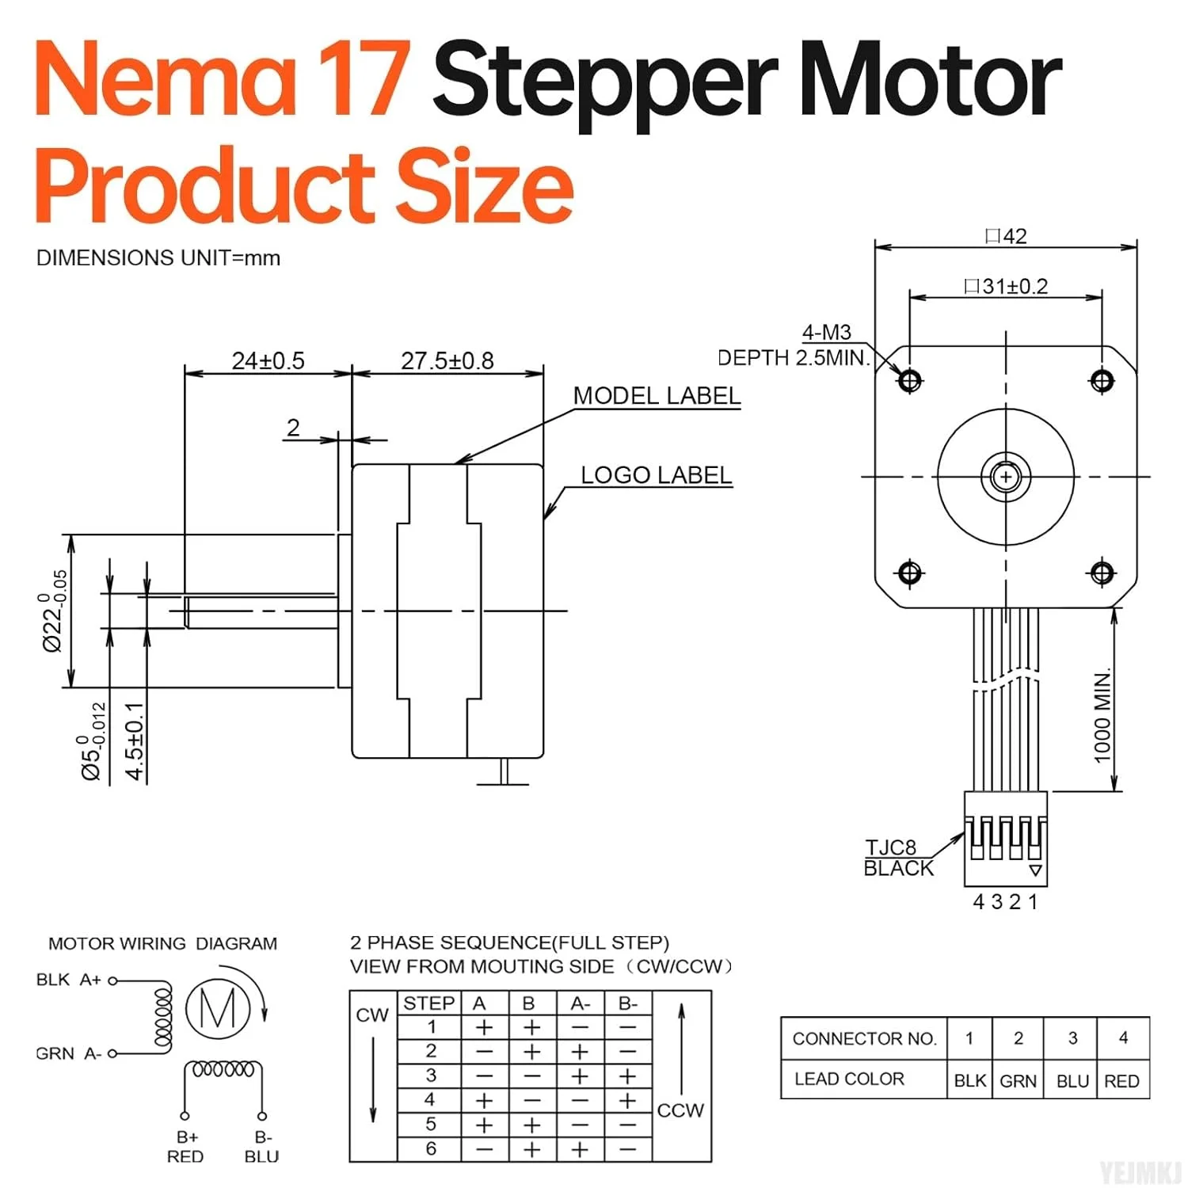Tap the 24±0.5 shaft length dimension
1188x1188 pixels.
click(268, 361)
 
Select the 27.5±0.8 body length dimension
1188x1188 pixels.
click(447, 361)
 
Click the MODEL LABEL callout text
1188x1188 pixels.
click(657, 396)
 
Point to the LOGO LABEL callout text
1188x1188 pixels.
click(656, 475)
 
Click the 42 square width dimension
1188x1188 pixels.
click(1006, 236)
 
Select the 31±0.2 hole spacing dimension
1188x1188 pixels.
click(1006, 286)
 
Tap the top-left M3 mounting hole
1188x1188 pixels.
click(909, 381)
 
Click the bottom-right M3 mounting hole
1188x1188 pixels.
click(1102, 572)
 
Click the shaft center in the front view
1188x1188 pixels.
click(1006, 477)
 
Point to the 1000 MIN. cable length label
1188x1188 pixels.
click(1102, 717)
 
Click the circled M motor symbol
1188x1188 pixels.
click(218, 1008)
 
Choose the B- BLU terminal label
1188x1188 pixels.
click(262, 1147)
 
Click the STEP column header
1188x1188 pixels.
click(428, 1003)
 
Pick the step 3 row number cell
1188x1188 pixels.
click(431, 1076)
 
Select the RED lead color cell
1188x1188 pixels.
click(1121, 1081)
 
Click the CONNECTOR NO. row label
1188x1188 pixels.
click(864, 1038)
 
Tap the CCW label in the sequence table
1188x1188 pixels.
click(680, 1110)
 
